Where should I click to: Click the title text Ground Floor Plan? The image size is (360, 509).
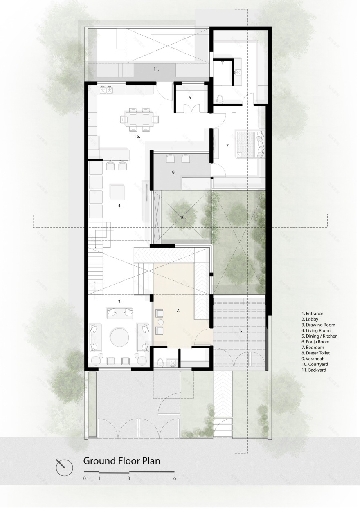pos(122,461)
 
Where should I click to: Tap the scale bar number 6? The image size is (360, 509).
pos(175,478)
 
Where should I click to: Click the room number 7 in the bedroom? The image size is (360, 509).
pos(228,146)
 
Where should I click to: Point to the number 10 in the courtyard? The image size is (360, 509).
pos(182,218)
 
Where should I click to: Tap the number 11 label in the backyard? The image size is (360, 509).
pos(156,70)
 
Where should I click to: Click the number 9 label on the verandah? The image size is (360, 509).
pos(174,173)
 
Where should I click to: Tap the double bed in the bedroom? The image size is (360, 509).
pos(249,144)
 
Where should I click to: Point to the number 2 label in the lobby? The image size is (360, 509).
pos(178,310)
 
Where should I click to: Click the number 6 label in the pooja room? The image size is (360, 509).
pos(190,98)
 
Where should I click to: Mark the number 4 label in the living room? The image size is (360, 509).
pos(119,206)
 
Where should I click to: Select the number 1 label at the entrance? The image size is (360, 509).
pos(240,329)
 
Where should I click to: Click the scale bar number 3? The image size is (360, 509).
pos(129,478)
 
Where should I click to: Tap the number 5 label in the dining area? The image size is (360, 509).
pos(138,137)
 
